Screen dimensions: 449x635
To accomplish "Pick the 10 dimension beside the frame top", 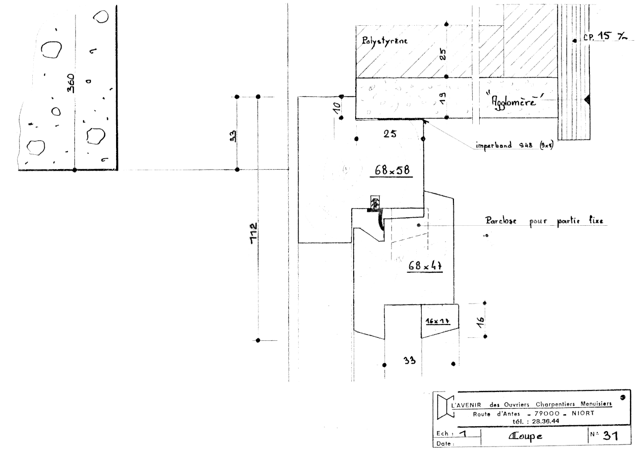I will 337,107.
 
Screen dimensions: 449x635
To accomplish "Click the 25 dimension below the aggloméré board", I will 389,133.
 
